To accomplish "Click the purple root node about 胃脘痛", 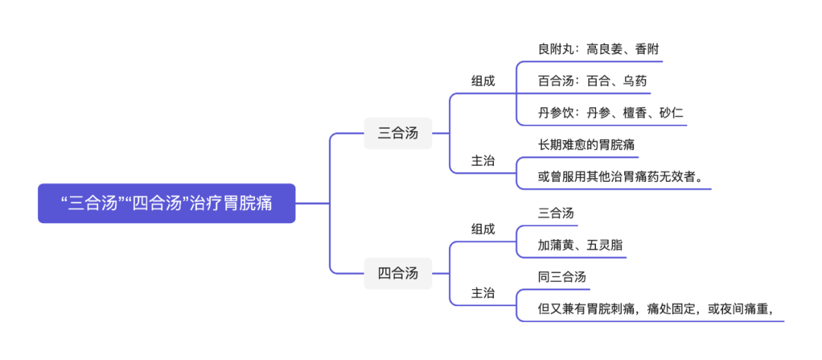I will coord(167,203).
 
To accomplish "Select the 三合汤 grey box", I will coord(397,133).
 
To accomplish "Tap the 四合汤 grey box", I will coord(397,273).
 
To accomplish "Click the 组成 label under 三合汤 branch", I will coord(483,81).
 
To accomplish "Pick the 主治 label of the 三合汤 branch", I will coord(483,161).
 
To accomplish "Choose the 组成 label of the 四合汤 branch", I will coord(483,228).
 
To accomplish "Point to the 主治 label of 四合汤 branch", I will coord(483,292).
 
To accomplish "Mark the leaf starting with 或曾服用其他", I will coord(620,177).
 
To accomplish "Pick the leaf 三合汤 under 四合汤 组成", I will coord(556,213).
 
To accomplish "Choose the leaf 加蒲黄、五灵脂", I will coord(580,245).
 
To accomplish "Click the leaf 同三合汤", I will coord(562,276).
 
